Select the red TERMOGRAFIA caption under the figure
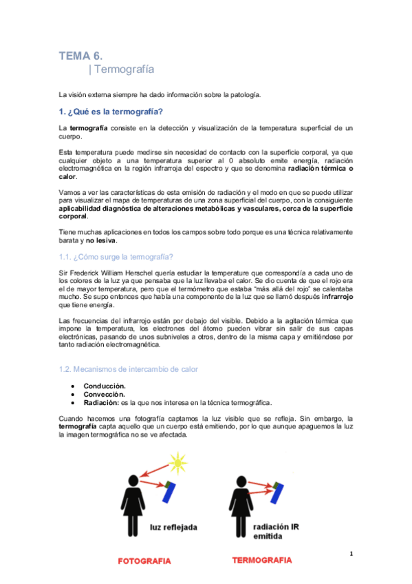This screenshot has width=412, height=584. [x=261, y=560]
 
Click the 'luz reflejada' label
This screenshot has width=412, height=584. [x=174, y=527]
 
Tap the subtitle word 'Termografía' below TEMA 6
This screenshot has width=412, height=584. [x=124, y=70]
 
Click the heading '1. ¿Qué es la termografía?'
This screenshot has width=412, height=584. [x=111, y=112]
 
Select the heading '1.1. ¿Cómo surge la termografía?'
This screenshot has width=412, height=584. [x=116, y=256]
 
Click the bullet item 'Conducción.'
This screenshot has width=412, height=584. [x=105, y=386]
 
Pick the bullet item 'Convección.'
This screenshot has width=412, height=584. [x=104, y=394]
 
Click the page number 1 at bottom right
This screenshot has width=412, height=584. [x=351, y=554]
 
